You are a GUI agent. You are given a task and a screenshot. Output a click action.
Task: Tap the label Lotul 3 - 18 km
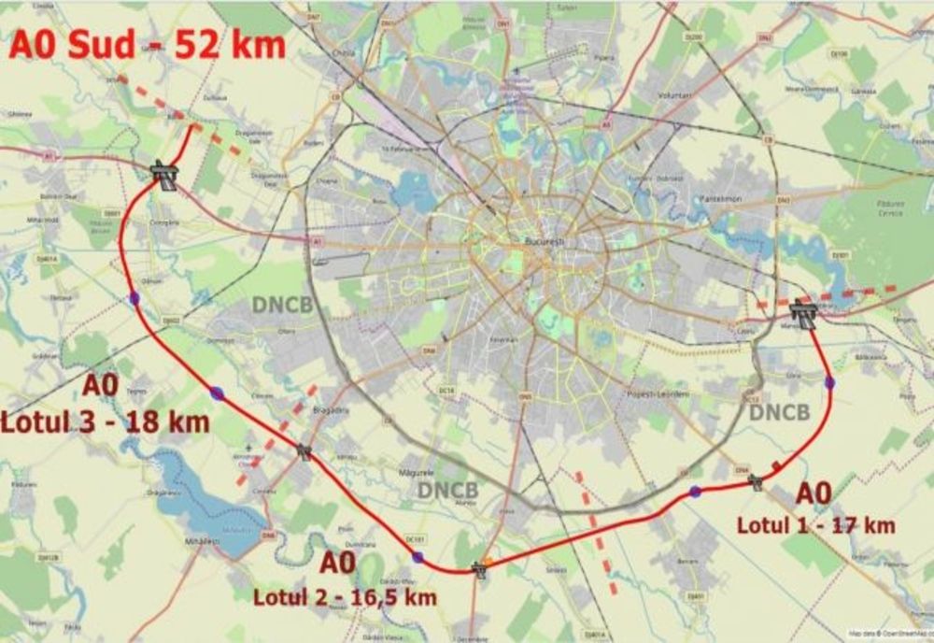[105, 421]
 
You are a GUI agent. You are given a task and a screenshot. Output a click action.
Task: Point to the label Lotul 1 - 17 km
[815, 525]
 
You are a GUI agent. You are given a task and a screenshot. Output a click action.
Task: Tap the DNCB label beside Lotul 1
[779, 412]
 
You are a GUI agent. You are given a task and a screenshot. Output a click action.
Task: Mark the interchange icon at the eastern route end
[802, 311]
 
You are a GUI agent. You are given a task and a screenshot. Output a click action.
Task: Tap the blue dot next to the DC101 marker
[417, 558]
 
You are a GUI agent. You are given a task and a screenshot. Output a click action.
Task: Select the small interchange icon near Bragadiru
[304, 452]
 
